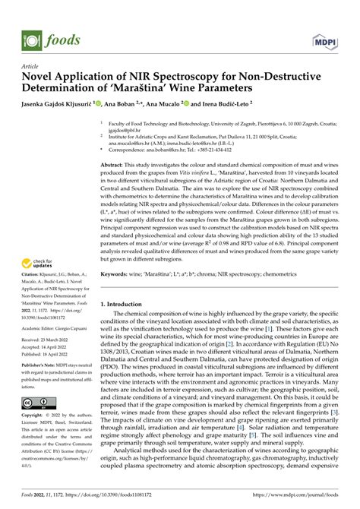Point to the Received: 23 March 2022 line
coord(45,337)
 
